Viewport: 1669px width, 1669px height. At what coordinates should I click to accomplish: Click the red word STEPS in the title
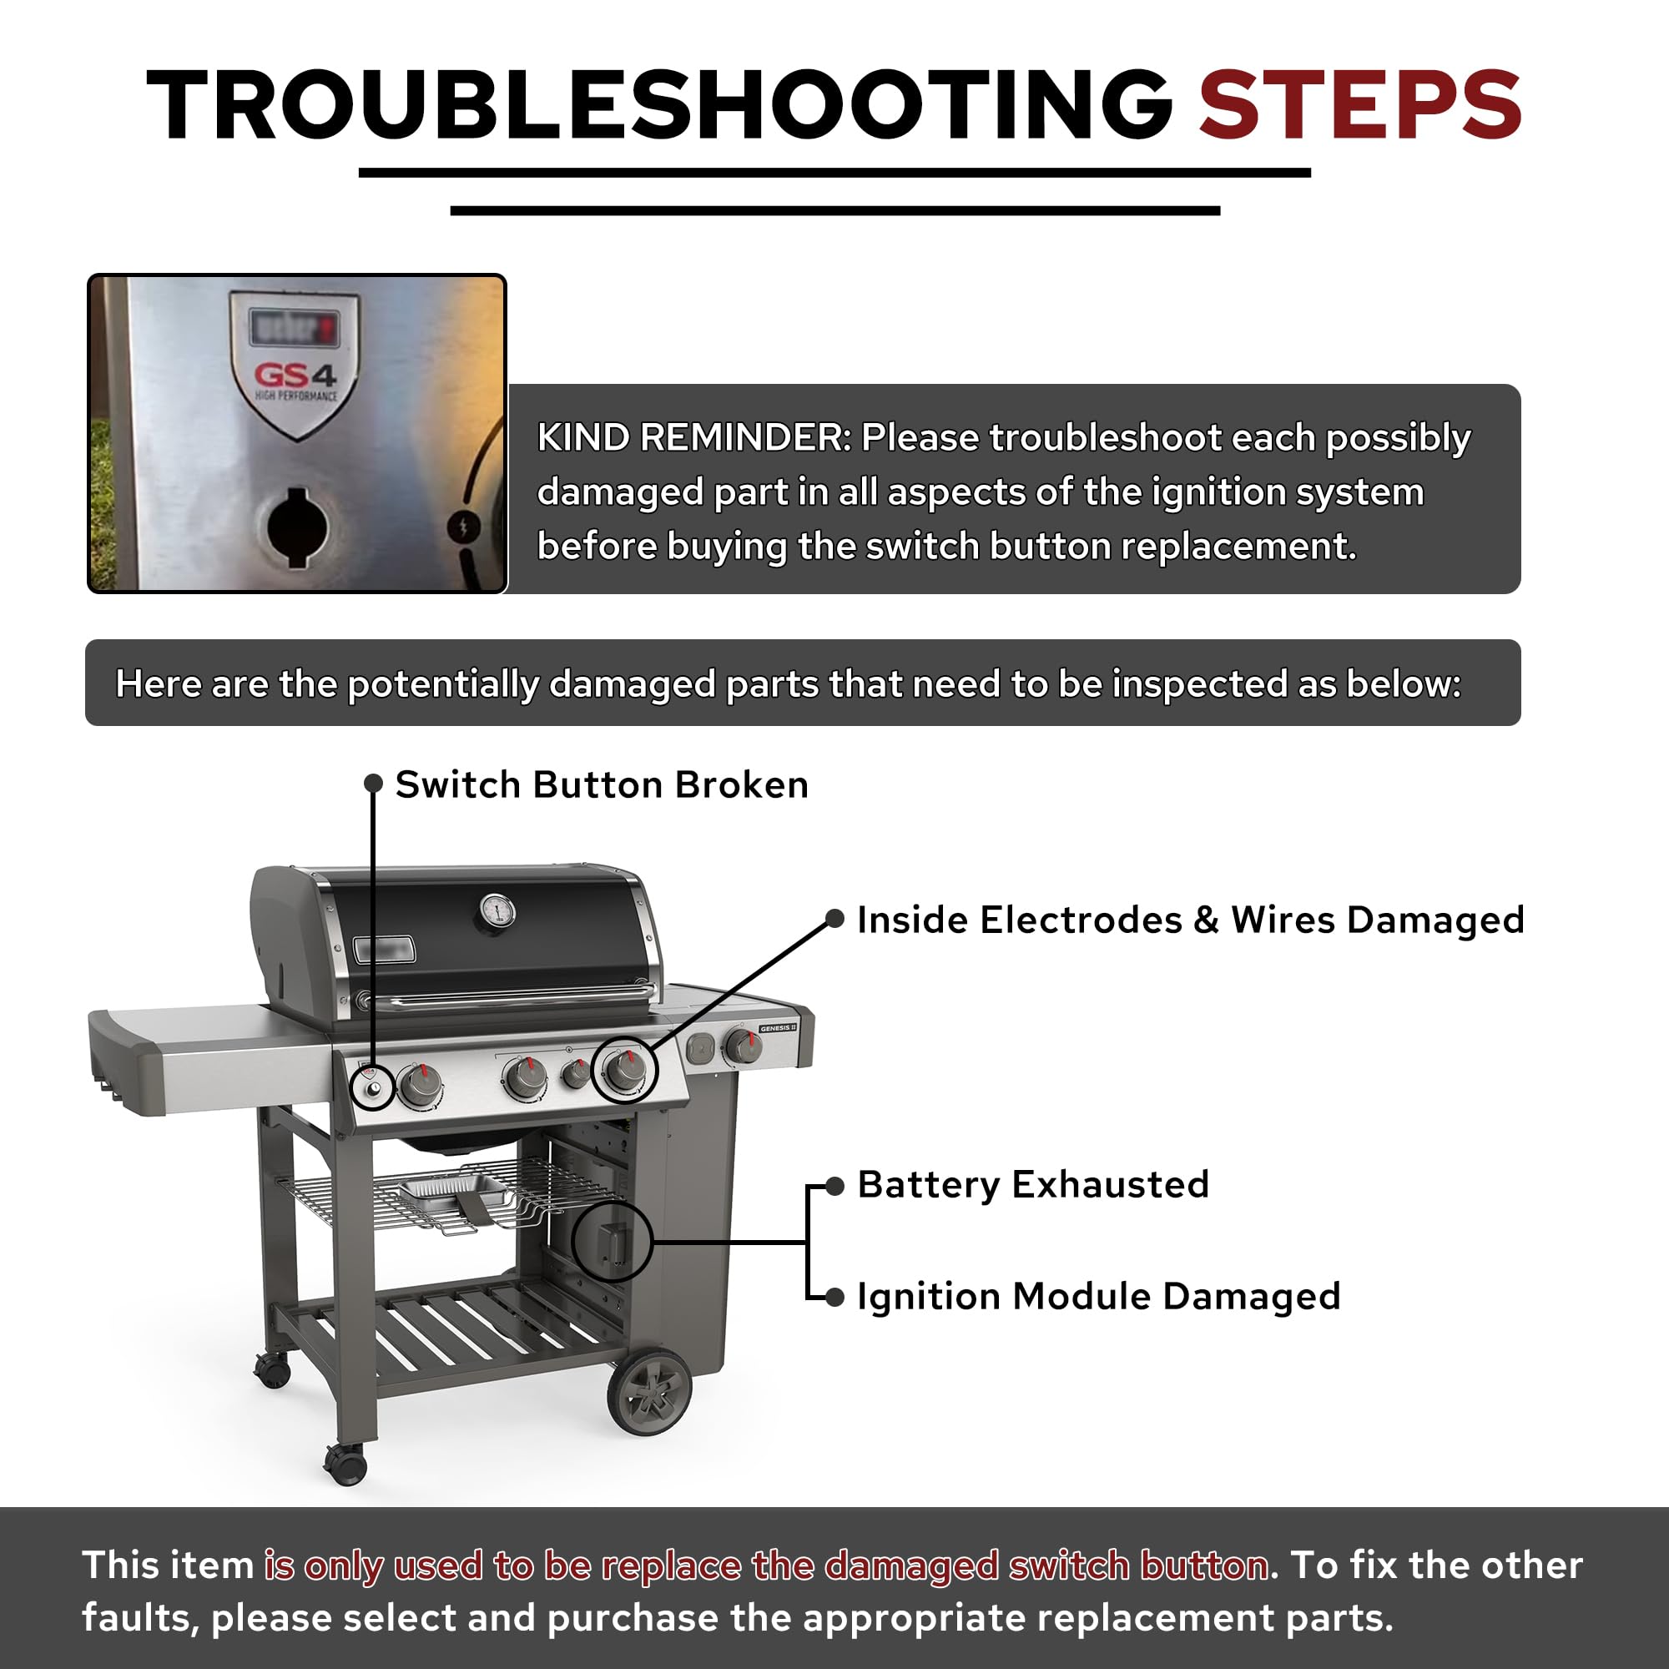[1359, 105]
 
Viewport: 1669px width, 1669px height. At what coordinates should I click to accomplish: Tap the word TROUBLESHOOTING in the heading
[659, 105]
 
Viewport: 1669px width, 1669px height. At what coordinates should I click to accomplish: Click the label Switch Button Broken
[601, 784]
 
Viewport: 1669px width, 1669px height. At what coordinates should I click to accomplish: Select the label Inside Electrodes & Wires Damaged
[1191, 920]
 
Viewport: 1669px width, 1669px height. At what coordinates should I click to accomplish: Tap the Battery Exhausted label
[1033, 1184]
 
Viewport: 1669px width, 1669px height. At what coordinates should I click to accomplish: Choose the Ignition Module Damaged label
[1099, 1297]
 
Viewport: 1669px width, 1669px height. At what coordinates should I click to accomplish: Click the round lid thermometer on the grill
[497, 910]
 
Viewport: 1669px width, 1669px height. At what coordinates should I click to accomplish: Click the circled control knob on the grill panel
[625, 1070]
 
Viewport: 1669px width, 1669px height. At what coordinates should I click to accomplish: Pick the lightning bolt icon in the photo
[463, 526]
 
